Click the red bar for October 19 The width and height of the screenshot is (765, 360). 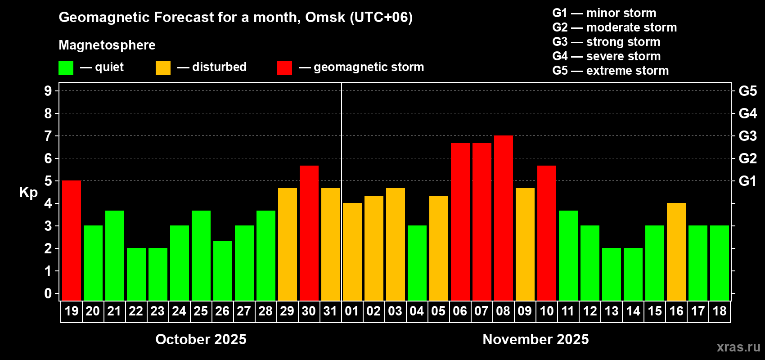tap(72, 241)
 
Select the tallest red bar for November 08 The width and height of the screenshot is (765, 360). tap(504, 218)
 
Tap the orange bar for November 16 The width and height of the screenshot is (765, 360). tap(676, 252)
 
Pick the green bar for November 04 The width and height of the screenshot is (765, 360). tap(417, 263)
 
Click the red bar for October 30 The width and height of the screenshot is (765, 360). tap(309, 233)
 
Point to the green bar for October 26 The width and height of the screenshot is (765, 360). tap(223, 270)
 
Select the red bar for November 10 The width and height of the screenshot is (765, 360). tap(547, 233)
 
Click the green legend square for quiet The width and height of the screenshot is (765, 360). tap(66, 68)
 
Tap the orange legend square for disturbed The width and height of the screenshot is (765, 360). tap(163, 68)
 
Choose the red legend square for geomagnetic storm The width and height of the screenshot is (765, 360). tap(284, 68)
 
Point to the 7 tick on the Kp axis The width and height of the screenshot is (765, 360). tap(48, 136)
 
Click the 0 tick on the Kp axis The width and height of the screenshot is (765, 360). tap(48, 294)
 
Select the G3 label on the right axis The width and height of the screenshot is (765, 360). tap(747, 136)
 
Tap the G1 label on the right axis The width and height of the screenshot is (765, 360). tap(747, 181)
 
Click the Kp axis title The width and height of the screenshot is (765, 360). tap(28, 193)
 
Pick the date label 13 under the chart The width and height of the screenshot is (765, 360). tap(612, 311)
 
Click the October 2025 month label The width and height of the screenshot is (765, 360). tap(201, 339)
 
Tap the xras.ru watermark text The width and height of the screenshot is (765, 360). tap(738, 347)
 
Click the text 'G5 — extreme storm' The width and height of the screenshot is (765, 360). tap(610, 71)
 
